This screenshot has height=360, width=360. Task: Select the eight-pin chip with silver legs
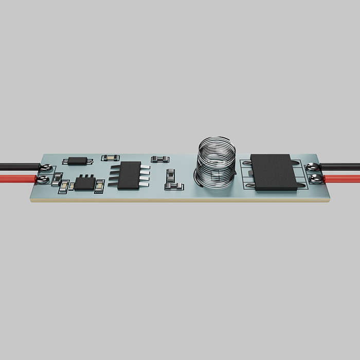129,175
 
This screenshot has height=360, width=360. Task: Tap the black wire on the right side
342,167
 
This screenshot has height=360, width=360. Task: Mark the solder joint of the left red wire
44,179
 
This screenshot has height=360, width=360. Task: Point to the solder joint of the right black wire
313,167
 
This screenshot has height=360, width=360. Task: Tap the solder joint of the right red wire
315,179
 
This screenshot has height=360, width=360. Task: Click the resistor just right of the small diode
109,157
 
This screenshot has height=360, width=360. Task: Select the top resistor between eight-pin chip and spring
160,159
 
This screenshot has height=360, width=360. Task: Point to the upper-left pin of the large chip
246,163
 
